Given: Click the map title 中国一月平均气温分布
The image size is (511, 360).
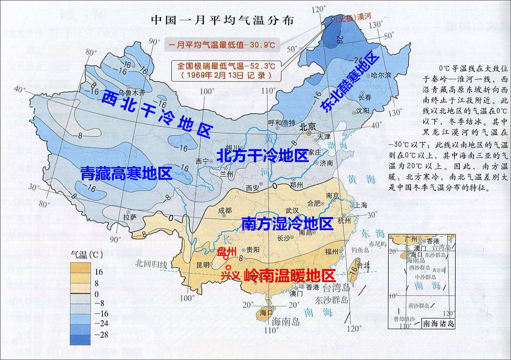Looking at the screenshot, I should point(222,20).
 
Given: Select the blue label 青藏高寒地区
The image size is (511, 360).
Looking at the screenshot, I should point(126,173).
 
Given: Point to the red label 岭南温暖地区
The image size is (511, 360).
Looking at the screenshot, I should point(290,276).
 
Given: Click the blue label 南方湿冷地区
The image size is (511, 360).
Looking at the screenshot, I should point(287,224).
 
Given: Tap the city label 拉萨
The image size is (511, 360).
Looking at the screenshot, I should point(130,217).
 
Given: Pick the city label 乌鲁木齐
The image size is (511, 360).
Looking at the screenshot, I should point(127,93).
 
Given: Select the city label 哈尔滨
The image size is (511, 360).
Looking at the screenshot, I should point(381,75).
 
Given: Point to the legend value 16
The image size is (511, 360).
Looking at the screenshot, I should point(99,272).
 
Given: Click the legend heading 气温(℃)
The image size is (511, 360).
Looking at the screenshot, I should point(87,255).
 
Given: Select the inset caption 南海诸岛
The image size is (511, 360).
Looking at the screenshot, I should point(438,324).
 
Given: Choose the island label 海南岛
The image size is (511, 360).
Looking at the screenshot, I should point(286,322).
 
